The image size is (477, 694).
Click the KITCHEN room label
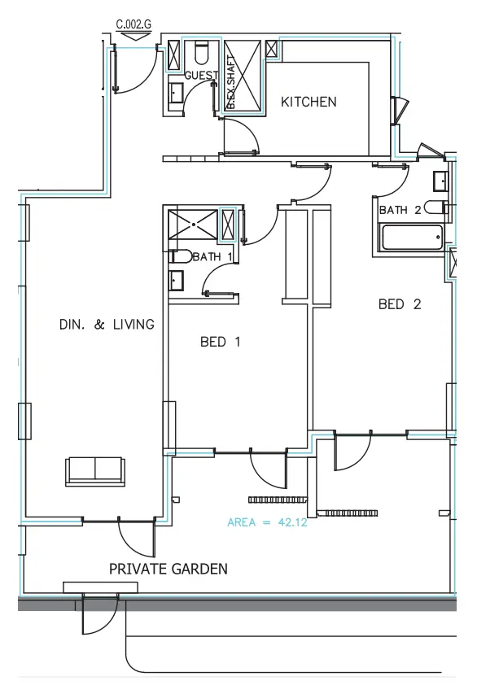point(309,103)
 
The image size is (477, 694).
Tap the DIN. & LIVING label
point(107,325)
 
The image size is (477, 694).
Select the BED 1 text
point(220,343)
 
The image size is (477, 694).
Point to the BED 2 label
point(400,305)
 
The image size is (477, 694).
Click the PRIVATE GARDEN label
point(168,570)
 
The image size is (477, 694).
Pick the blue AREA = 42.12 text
point(267,522)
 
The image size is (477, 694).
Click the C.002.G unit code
point(134,24)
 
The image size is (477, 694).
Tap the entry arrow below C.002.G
point(134,37)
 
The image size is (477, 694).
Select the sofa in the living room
point(95,471)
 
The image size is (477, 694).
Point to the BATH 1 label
point(212,257)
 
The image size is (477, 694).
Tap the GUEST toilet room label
point(201,75)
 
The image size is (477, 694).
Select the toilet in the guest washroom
point(201,54)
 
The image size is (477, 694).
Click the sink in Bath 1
point(177,281)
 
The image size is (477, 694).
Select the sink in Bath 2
point(440,180)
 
